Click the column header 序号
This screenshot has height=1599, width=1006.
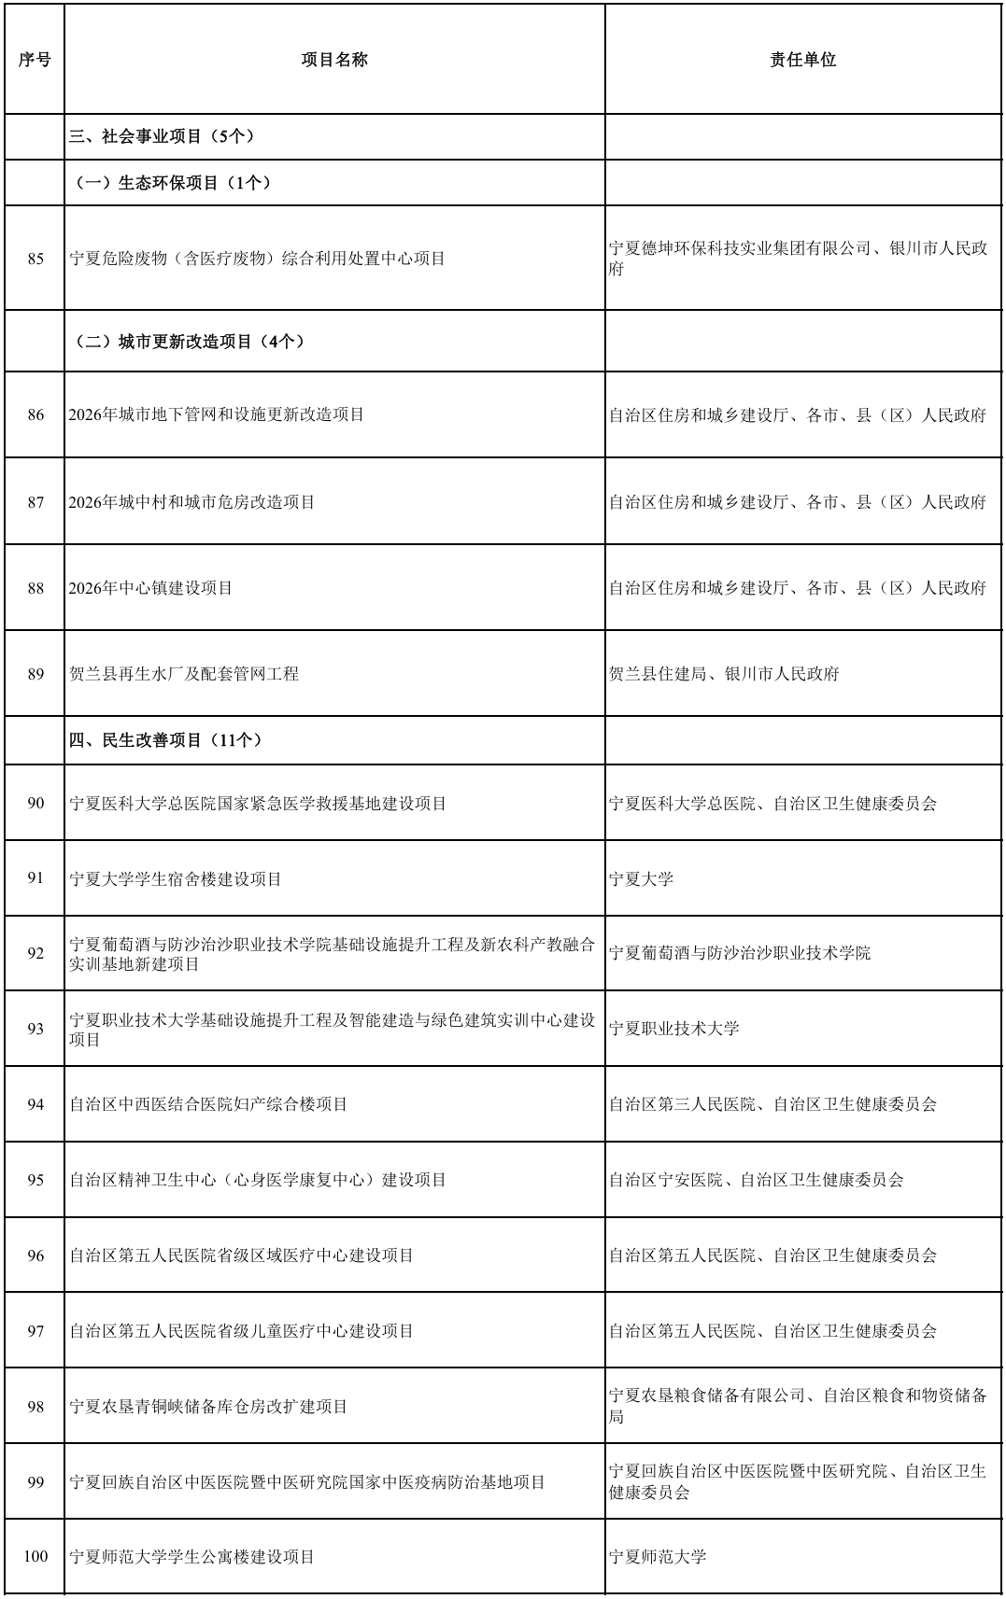click(35, 60)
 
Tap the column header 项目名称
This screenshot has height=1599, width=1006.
click(334, 60)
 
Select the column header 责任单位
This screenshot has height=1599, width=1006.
click(802, 60)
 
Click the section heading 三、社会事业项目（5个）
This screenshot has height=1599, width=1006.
click(163, 136)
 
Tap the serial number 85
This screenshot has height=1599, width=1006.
click(35, 259)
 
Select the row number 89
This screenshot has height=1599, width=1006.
click(35, 674)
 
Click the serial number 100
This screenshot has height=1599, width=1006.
click(35, 1557)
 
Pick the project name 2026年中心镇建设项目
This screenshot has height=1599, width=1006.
click(150, 588)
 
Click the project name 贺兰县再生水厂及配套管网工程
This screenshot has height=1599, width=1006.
click(184, 674)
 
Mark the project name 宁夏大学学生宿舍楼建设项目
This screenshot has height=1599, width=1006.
click(176, 879)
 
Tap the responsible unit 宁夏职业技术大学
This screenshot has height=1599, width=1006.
click(674, 1029)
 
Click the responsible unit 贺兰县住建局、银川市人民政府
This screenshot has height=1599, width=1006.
click(724, 674)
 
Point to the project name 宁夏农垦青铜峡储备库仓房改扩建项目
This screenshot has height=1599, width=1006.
click(208, 1407)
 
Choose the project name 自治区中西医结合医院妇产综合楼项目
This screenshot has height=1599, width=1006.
click(208, 1104)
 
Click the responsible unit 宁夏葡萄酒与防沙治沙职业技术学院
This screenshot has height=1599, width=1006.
click(740, 953)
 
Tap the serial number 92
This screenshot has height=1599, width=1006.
click(35, 953)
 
